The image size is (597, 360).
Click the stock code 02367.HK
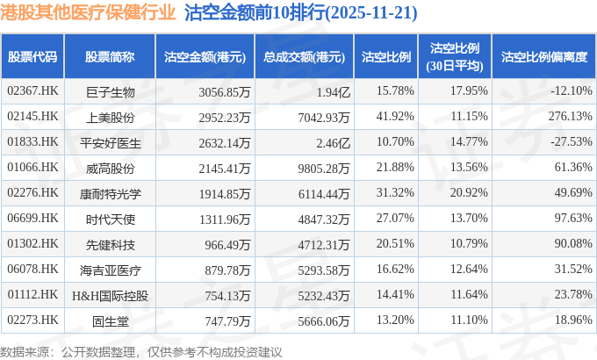pos(32,91)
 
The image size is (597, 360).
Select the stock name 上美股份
pos(110,117)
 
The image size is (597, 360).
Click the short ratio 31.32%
pos(394,193)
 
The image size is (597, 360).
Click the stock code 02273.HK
pos(32,320)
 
